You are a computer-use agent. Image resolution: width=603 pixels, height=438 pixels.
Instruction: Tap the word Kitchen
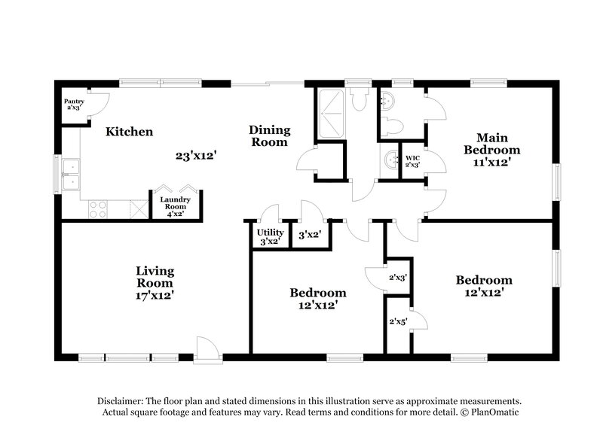pyautogui.click(x=129, y=132)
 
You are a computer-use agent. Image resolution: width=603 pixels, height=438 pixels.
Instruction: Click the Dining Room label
pyautogui.click(x=269, y=135)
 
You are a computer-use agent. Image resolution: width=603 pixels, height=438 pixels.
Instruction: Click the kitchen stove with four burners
pyautogui.click(x=99, y=208)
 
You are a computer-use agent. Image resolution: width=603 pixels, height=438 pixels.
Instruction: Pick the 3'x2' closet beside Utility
pyautogui.click(x=310, y=236)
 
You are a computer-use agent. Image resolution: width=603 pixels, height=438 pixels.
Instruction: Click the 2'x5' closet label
pyautogui.click(x=398, y=321)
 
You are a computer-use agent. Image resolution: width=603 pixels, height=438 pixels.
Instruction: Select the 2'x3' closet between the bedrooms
pyautogui.click(x=398, y=278)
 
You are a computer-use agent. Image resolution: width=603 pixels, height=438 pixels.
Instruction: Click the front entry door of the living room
pyautogui.click(x=206, y=348)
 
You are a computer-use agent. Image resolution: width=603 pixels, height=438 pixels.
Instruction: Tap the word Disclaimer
pyautogui.click(x=124, y=401)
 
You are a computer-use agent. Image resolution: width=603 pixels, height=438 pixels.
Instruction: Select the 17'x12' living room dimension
pyautogui.click(x=155, y=296)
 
